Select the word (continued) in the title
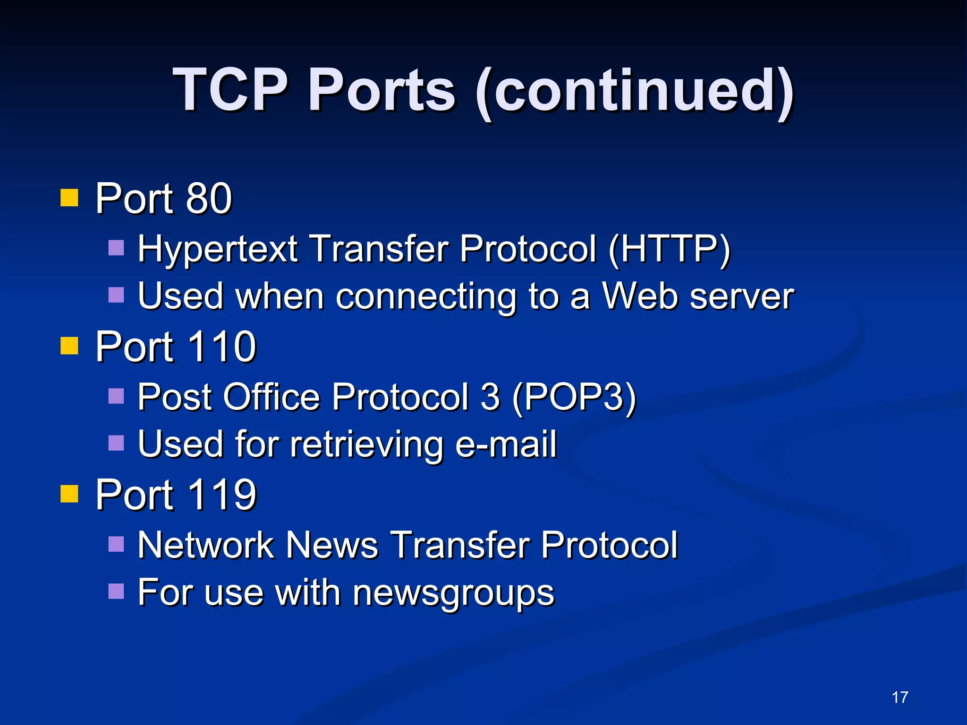(635, 91)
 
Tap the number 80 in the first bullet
(209, 198)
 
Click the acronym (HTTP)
(669, 249)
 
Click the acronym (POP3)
(574, 397)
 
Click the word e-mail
(506, 444)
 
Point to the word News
(332, 545)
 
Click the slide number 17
(900, 697)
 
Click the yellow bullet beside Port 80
(69, 198)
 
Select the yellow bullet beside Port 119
(69, 494)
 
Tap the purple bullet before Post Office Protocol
(116, 396)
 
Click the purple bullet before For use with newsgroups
(116, 591)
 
